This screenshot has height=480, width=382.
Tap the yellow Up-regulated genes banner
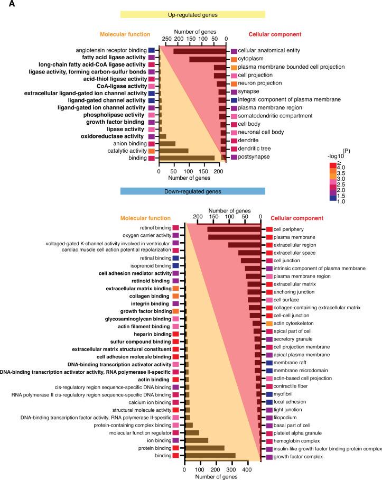click(x=192, y=15)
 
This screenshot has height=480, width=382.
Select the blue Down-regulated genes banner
click(x=192, y=191)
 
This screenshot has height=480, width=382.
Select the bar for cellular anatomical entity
click(x=200, y=51)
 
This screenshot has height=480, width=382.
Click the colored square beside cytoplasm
click(x=234, y=59)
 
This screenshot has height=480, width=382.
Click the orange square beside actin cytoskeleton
click(x=269, y=323)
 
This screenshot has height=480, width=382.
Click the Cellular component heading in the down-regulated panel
click(x=296, y=218)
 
